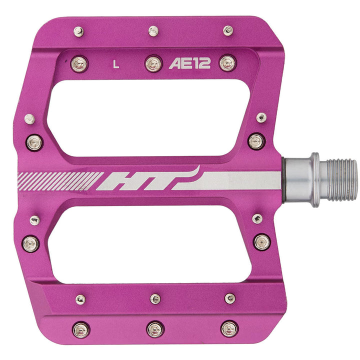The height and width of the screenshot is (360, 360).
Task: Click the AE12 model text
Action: [x=189, y=63]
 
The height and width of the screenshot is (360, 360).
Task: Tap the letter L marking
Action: [x=116, y=64]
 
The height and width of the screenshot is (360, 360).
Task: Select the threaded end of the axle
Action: [x=342, y=180]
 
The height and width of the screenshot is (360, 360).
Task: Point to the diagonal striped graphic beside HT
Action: [x=60, y=181]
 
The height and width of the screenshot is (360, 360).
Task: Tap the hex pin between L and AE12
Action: [x=153, y=64]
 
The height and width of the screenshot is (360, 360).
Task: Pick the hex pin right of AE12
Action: [x=228, y=63]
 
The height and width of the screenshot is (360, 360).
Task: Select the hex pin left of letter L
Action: [x=79, y=64]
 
